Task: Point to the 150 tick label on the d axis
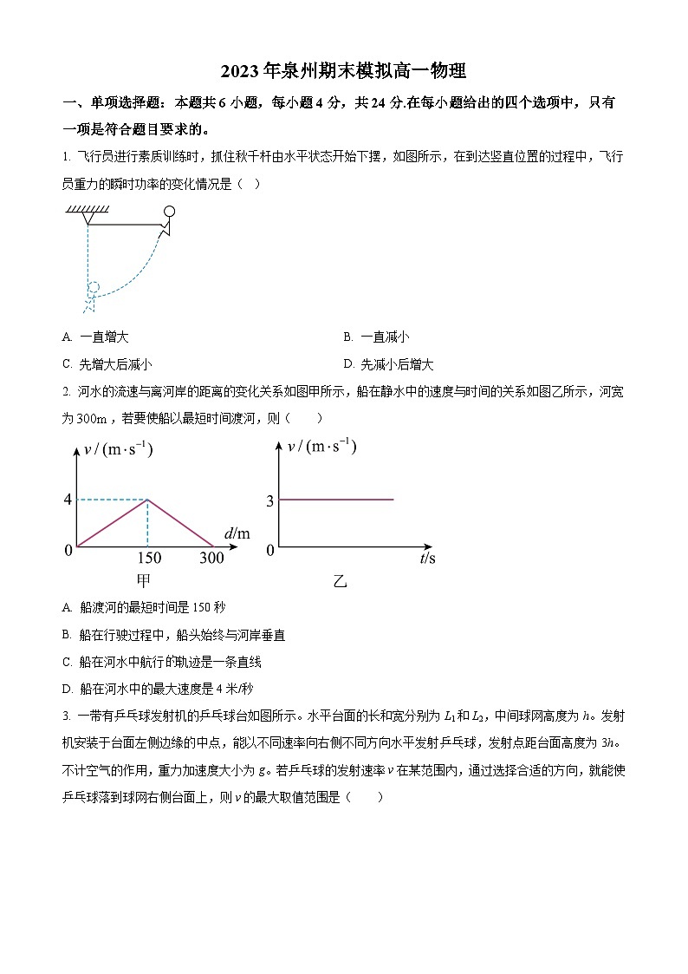click(x=149, y=558)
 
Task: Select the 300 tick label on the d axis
click(x=211, y=558)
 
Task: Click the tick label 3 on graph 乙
click(x=269, y=500)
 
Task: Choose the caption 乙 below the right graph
click(x=340, y=581)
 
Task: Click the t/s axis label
click(x=427, y=559)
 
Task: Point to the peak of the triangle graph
click(x=147, y=500)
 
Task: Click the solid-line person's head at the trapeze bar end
click(x=170, y=211)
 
